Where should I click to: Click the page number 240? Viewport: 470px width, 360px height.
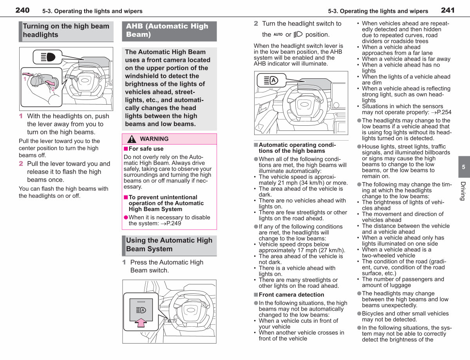[x=22, y=10]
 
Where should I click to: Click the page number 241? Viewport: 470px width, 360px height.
[x=448, y=10]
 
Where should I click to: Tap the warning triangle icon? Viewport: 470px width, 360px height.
[x=132, y=139]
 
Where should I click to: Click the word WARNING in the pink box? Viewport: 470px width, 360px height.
[x=154, y=139]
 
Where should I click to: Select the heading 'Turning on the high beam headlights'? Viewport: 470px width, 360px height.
[x=66, y=31]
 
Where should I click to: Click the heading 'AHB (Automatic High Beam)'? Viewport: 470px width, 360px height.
[x=167, y=30]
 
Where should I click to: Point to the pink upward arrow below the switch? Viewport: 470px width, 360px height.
[x=141, y=322]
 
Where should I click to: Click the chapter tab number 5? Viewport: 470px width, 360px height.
[x=463, y=167]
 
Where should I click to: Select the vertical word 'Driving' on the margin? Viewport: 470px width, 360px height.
[x=463, y=191]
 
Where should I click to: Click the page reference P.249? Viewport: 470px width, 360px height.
[x=171, y=223]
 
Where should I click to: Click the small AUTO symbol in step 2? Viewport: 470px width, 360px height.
[x=278, y=34]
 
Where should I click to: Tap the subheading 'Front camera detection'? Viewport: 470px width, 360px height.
[x=291, y=295]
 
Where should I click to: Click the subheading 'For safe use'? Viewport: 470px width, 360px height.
[x=146, y=149]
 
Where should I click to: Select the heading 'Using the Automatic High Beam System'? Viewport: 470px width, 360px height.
[x=169, y=244]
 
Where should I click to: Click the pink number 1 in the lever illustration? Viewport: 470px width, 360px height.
[x=25, y=79]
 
